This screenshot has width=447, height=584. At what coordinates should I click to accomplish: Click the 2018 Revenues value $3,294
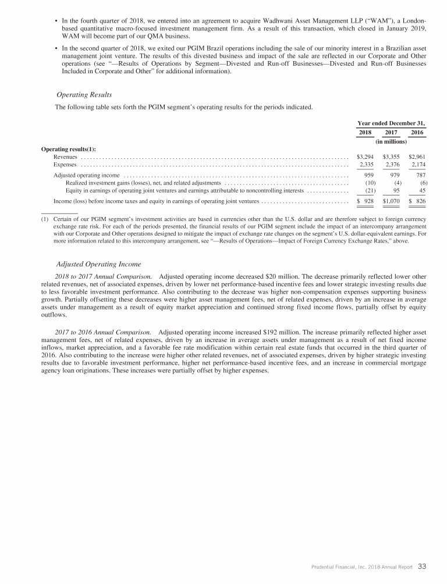coord(365,157)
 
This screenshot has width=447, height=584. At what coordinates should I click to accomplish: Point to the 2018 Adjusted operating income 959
coord(368,175)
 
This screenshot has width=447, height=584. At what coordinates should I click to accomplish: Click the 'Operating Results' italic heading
coord(84,95)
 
